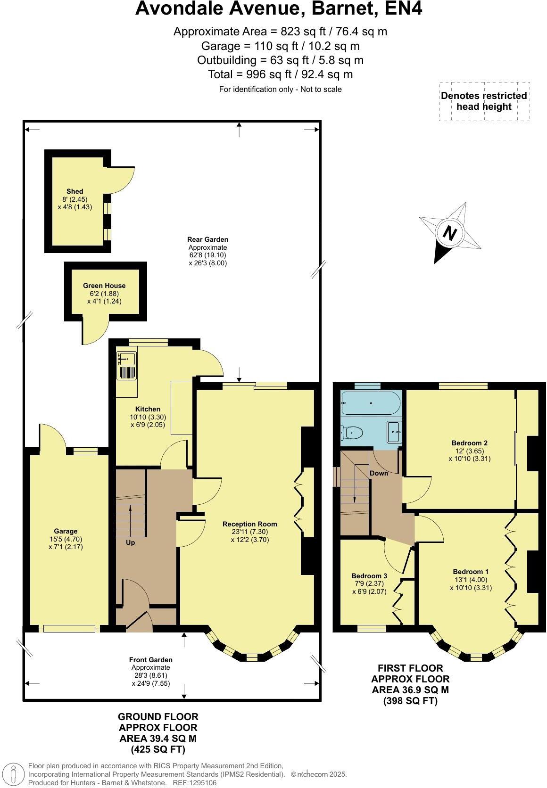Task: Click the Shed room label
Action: pos(75,191)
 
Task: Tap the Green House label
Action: pos(104,286)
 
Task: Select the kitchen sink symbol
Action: pos(126,360)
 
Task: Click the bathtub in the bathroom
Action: pos(371,403)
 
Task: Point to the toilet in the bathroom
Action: pos(352,432)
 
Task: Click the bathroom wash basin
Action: pos(394,432)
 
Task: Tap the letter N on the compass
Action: pos(450,233)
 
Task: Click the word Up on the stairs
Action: pos(131,542)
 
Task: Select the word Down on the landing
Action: pos(379,473)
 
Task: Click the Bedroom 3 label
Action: pos(369,576)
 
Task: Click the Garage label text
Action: pos(66,531)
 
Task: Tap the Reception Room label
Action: pos(250,524)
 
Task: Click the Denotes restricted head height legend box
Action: pos(484,101)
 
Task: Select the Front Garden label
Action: pos(151,660)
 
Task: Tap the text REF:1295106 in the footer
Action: pos(195,783)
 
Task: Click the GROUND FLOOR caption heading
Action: pos(158,717)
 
